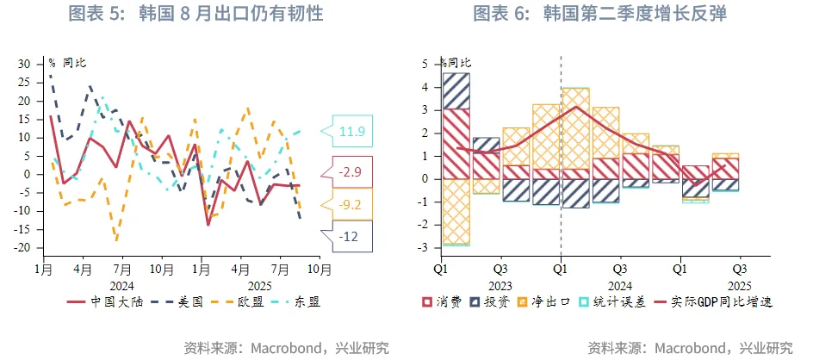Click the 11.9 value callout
352,131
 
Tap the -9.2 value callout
352,205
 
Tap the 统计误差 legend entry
612,301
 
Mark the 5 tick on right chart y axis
425,64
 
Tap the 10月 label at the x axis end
320,269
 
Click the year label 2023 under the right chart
500,285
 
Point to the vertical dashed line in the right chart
562,155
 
